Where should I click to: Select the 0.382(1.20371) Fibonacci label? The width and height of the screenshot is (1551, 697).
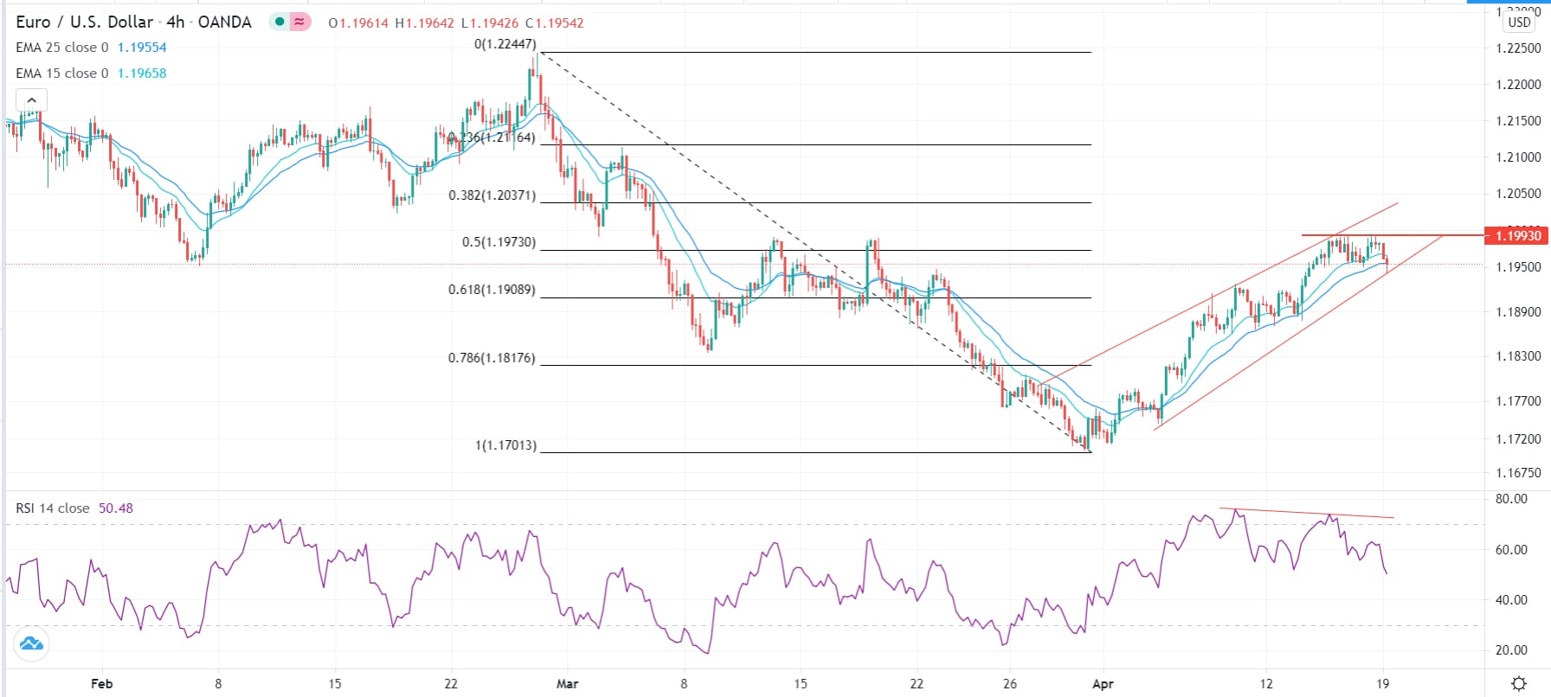pyautogui.click(x=492, y=195)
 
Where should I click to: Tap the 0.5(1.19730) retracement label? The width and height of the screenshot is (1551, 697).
pyautogui.click(x=499, y=242)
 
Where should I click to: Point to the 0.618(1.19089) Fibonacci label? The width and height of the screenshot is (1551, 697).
pyautogui.click(x=492, y=290)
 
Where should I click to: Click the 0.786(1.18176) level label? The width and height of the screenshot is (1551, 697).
pyautogui.click(x=492, y=358)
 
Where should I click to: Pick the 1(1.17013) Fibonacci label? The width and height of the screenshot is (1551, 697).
pyautogui.click(x=505, y=445)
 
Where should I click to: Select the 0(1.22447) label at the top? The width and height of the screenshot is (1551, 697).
pyautogui.click(x=505, y=44)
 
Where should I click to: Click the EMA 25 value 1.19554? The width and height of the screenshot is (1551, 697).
pyautogui.click(x=142, y=48)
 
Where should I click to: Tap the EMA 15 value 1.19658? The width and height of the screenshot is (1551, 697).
pyautogui.click(x=142, y=74)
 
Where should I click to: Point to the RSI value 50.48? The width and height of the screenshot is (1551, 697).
pyautogui.click(x=116, y=508)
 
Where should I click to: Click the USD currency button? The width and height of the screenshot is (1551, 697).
pyautogui.click(x=1519, y=22)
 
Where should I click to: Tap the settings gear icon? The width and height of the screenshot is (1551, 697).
pyautogui.click(x=1519, y=684)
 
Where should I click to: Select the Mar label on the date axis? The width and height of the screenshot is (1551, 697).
pyautogui.click(x=567, y=684)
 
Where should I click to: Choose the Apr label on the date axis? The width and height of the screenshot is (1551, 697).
pyautogui.click(x=1103, y=684)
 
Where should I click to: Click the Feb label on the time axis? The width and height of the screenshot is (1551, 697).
pyautogui.click(x=101, y=684)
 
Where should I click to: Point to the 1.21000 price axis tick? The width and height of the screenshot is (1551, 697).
pyautogui.click(x=1518, y=157)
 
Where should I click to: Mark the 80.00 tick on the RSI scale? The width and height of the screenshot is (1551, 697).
pyautogui.click(x=1511, y=499)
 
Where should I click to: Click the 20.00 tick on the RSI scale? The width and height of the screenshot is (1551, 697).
pyautogui.click(x=1511, y=650)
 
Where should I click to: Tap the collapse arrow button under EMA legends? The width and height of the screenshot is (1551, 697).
pyautogui.click(x=31, y=100)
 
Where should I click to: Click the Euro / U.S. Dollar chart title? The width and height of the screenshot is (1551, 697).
pyautogui.click(x=84, y=22)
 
